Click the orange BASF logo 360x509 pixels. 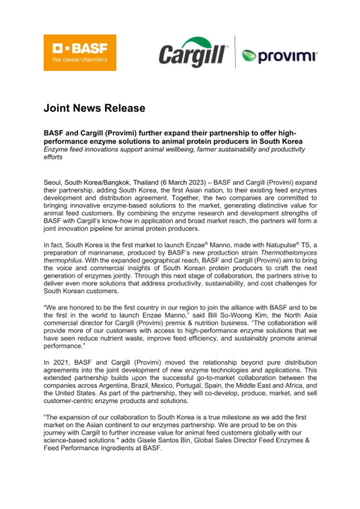80,52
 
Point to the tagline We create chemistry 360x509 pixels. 80,60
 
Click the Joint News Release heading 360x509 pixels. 94,108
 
